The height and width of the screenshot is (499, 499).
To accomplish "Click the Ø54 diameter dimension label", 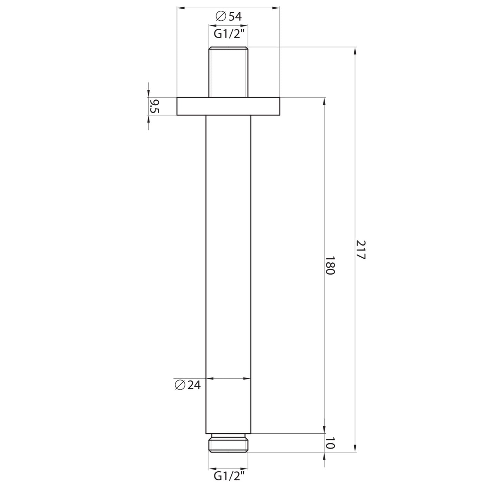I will coord(228,16).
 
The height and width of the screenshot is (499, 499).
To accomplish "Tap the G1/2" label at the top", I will coord(228,34).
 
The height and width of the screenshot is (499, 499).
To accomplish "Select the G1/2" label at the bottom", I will coord(228,476).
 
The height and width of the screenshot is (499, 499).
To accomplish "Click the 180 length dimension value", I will coord(330,265).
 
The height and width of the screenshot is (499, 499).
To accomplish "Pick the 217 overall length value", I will coord(360,250).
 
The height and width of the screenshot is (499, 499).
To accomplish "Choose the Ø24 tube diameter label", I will coord(188,385).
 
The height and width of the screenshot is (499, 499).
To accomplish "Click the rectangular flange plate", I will coord(228,106).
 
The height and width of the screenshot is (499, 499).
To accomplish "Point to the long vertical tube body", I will coord(228,273).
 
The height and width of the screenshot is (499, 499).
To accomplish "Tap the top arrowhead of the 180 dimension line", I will coord(324,101).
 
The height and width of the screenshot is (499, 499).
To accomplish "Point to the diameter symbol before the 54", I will coord(220,16).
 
